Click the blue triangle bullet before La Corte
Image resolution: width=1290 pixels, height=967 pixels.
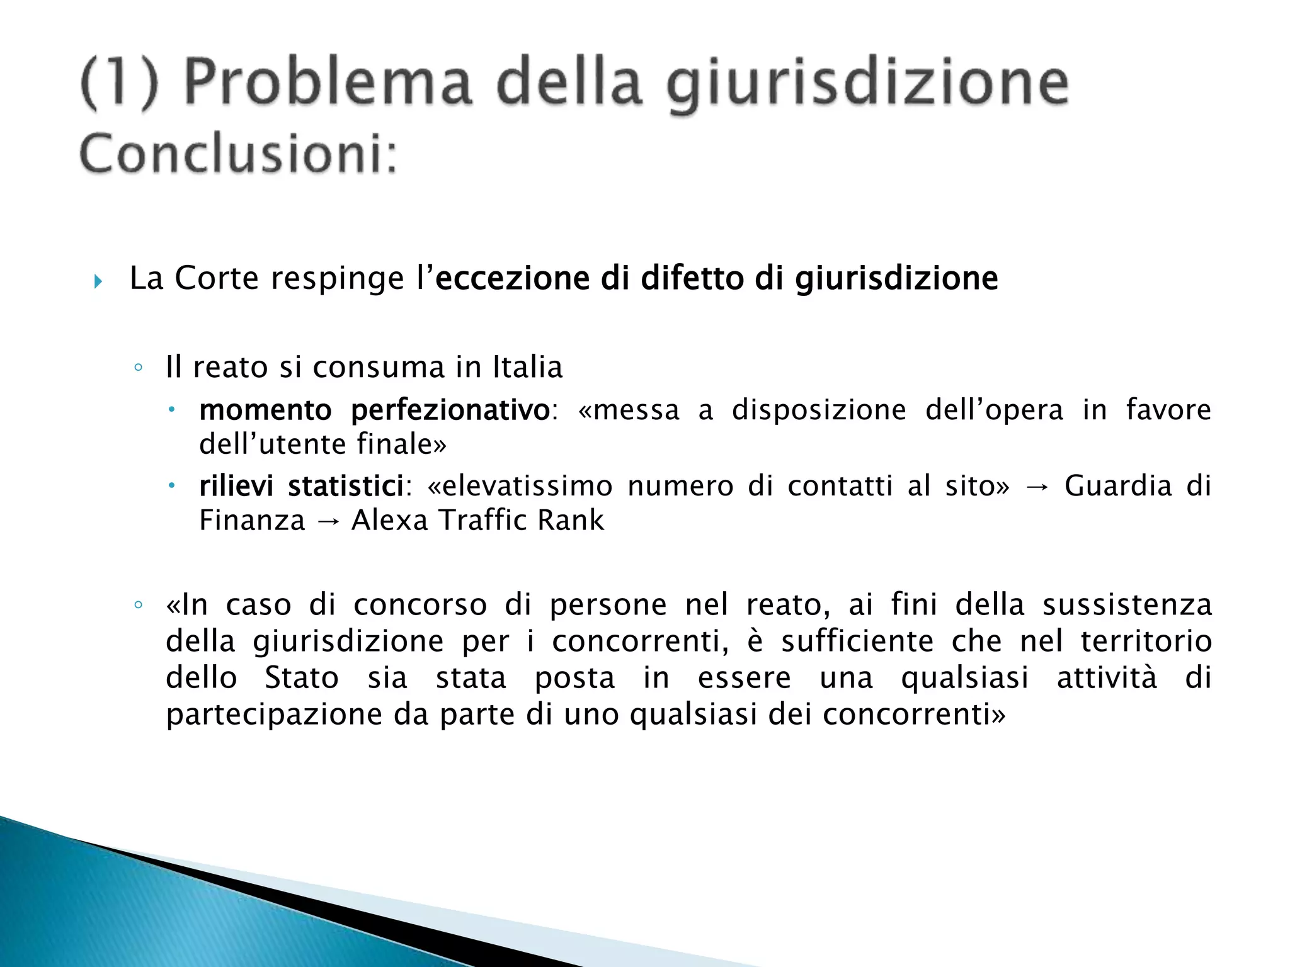(x=98, y=281)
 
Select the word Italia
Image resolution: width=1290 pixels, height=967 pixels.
(x=527, y=367)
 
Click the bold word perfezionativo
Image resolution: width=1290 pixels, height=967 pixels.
(x=450, y=410)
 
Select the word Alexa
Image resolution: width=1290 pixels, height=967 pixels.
(x=390, y=521)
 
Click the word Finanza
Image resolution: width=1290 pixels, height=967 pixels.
(x=252, y=521)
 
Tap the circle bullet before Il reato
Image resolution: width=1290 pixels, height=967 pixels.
(x=139, y=368)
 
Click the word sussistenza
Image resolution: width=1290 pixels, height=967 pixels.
(x=1127, y=605)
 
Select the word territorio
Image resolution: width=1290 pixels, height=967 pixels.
(x=1146, y=642)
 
